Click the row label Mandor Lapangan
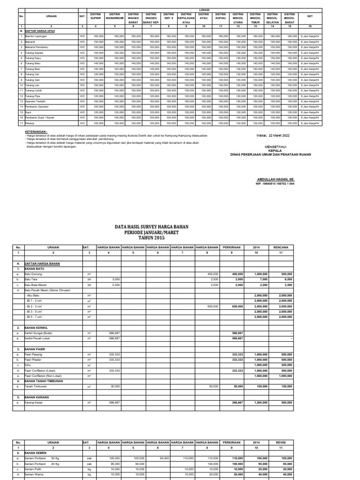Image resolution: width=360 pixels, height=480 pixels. tap(37, 36)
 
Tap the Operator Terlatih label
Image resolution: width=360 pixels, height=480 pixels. tap(37, 101)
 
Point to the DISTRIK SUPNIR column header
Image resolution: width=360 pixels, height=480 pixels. tap(95, 16)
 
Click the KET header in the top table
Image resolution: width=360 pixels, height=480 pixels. tap(310, 16)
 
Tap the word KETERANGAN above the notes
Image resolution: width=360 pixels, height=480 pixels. tap(38, 132)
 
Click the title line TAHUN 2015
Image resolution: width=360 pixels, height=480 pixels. tap(149, 238)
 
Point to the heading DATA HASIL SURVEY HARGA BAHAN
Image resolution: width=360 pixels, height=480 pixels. tap(149, 226)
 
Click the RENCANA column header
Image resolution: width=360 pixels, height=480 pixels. tap(281, 247)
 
